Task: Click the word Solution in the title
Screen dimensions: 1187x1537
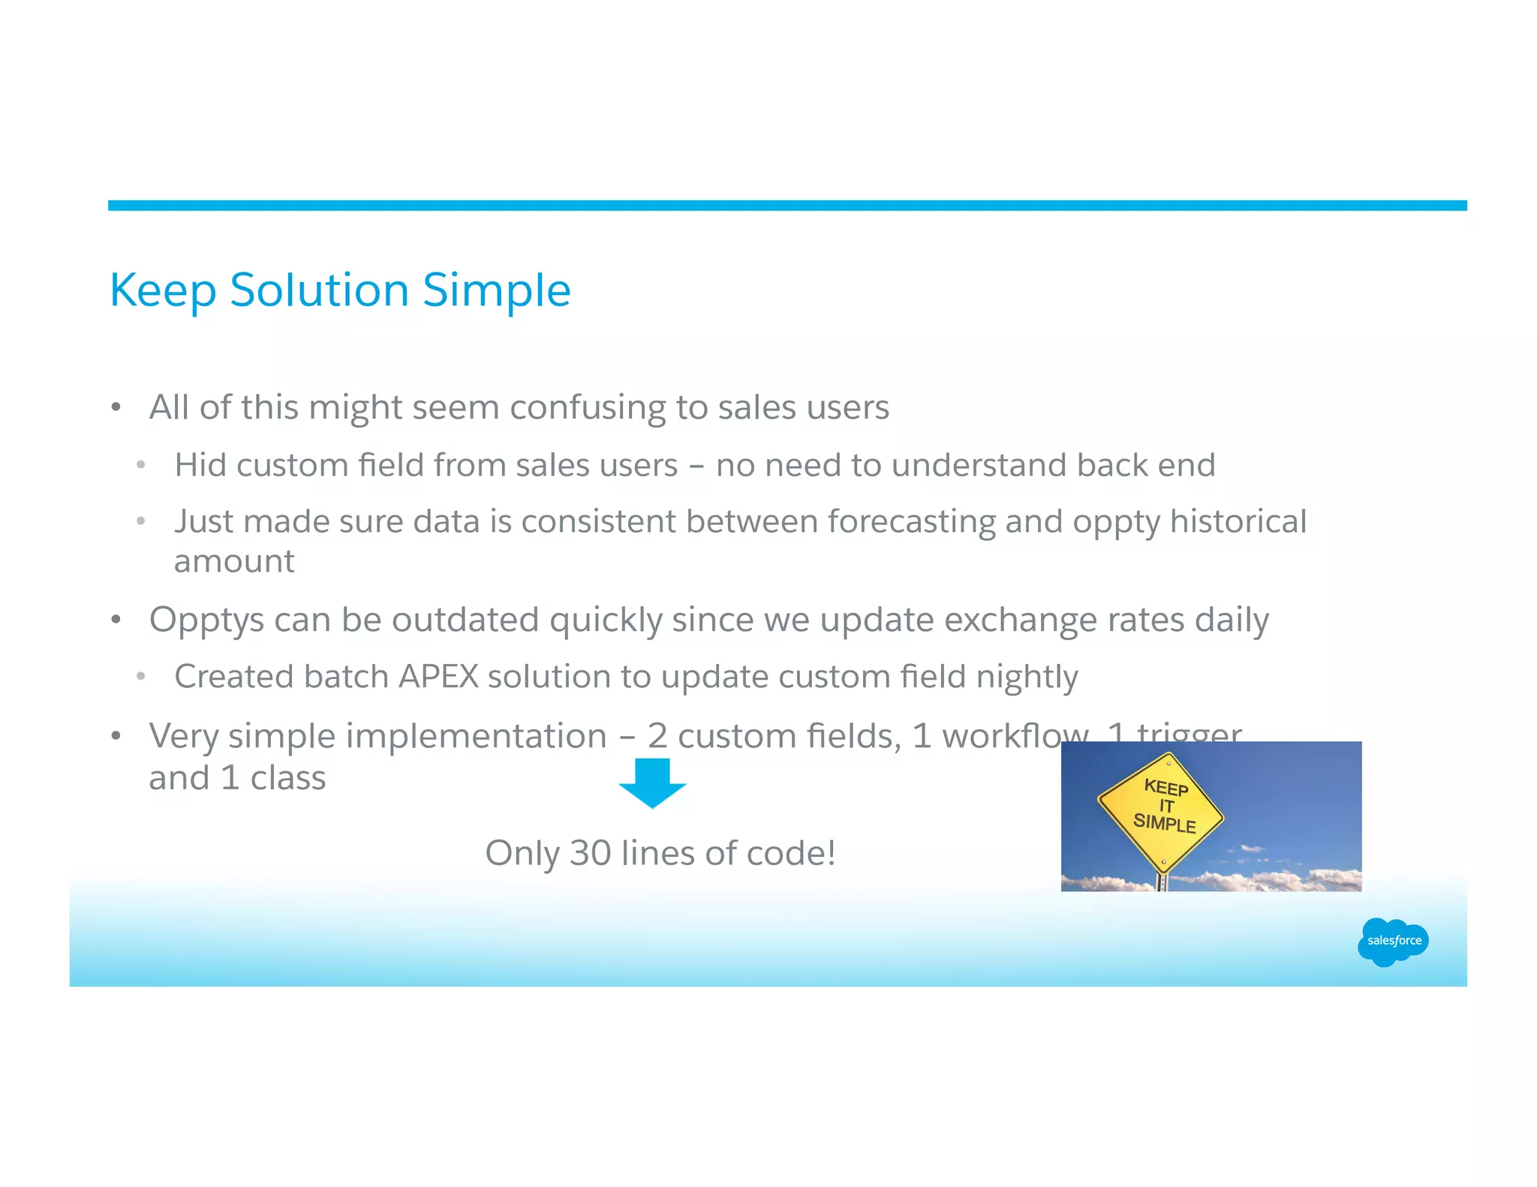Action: [x=318, y=290]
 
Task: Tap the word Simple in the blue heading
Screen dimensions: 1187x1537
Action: [x=496, y=290]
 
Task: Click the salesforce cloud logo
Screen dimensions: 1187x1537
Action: [x=1393, y=941]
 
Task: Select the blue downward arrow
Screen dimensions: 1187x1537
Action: [x=652, y=782]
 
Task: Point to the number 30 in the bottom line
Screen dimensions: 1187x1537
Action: [x=590, y=853]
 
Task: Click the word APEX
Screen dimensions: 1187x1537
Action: [x=438, y=676]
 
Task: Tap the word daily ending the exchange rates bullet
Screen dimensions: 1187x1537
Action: [x=1232, y=620]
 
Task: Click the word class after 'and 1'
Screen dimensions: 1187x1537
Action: [x=288, y=778]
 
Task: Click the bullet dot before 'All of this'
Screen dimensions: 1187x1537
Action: [x=116, y=407]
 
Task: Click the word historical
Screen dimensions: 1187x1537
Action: [x=1238, y=521]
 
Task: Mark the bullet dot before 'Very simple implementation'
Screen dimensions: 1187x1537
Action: [x=116, y=736]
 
